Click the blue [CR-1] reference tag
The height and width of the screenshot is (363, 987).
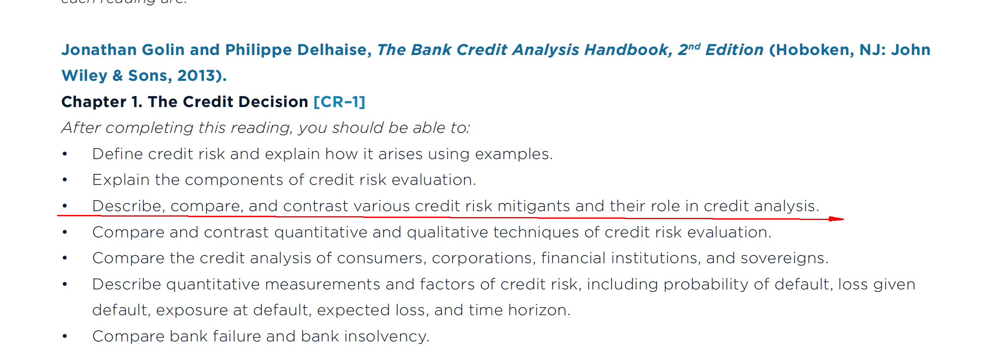(339, 102)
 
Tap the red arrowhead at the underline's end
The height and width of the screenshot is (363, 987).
(836, 219)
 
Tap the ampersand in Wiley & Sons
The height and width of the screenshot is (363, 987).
(118, 76)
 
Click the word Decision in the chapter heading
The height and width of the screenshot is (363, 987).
(273, 102)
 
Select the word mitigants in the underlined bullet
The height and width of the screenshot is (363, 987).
(533, 206)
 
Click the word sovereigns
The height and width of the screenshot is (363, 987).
(784, 258)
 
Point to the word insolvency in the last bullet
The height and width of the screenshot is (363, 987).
(386, 336)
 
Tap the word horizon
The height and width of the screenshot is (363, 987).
(539, 310)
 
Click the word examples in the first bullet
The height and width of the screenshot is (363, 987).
(514, 154)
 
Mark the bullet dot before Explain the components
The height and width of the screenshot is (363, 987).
(65, 180)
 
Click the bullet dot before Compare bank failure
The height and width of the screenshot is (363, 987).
(65, 337)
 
